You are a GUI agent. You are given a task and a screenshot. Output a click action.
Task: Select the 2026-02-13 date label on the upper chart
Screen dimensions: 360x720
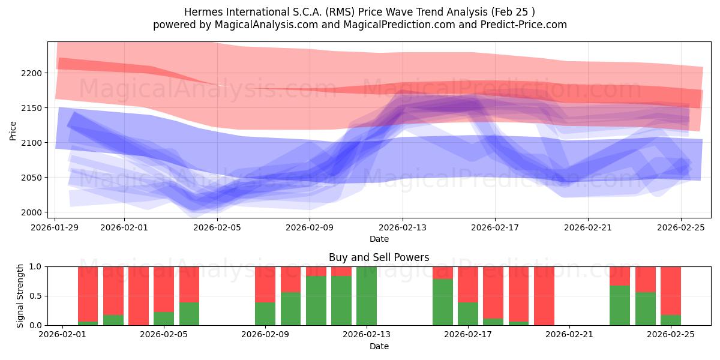coord(402,227)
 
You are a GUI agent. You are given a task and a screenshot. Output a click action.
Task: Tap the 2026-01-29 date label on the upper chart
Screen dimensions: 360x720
coord(55,227)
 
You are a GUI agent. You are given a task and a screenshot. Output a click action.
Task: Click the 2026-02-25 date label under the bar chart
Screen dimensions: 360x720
coord(670,335)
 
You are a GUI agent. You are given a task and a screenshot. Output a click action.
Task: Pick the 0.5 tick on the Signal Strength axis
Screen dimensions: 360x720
coord(36,296)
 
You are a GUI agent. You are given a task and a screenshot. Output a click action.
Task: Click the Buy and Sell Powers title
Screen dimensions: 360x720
coord(379,257)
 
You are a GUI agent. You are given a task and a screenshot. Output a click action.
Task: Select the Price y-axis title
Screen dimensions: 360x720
coord(13,130)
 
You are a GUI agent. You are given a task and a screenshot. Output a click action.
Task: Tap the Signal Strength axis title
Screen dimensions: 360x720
coord(20,296)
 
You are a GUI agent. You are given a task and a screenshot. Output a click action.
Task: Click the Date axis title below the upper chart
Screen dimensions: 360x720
coord(379,239)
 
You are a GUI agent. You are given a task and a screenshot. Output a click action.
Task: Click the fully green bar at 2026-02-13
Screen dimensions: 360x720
coord(367,296)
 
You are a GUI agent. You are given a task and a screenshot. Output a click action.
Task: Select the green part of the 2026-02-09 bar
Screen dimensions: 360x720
coord(265,313)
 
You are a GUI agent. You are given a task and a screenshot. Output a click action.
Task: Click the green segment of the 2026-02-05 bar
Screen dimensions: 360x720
coord(189,313)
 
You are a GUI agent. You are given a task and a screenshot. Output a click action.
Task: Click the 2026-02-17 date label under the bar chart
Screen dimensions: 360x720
coord(467,335)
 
